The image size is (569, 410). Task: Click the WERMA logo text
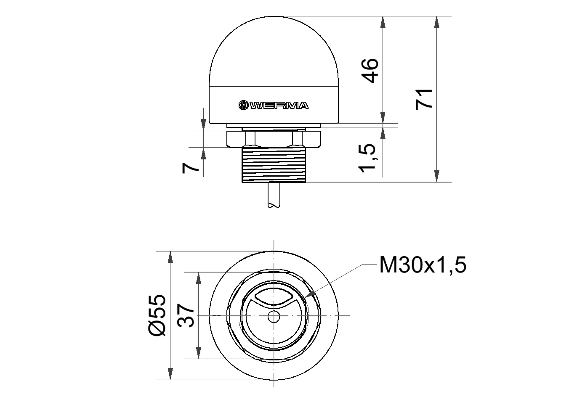(x=279, y=105)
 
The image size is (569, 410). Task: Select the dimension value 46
(x=370, y=71)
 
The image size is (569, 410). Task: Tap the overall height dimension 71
(x=424, y=99)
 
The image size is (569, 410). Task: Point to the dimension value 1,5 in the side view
(x=367, y=158)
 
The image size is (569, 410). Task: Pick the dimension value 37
(x=186, y=315)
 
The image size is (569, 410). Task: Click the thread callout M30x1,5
(x=423, y=265)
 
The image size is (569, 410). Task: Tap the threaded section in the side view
(x=274, y=165)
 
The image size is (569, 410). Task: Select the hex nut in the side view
(x=274, y=139)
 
